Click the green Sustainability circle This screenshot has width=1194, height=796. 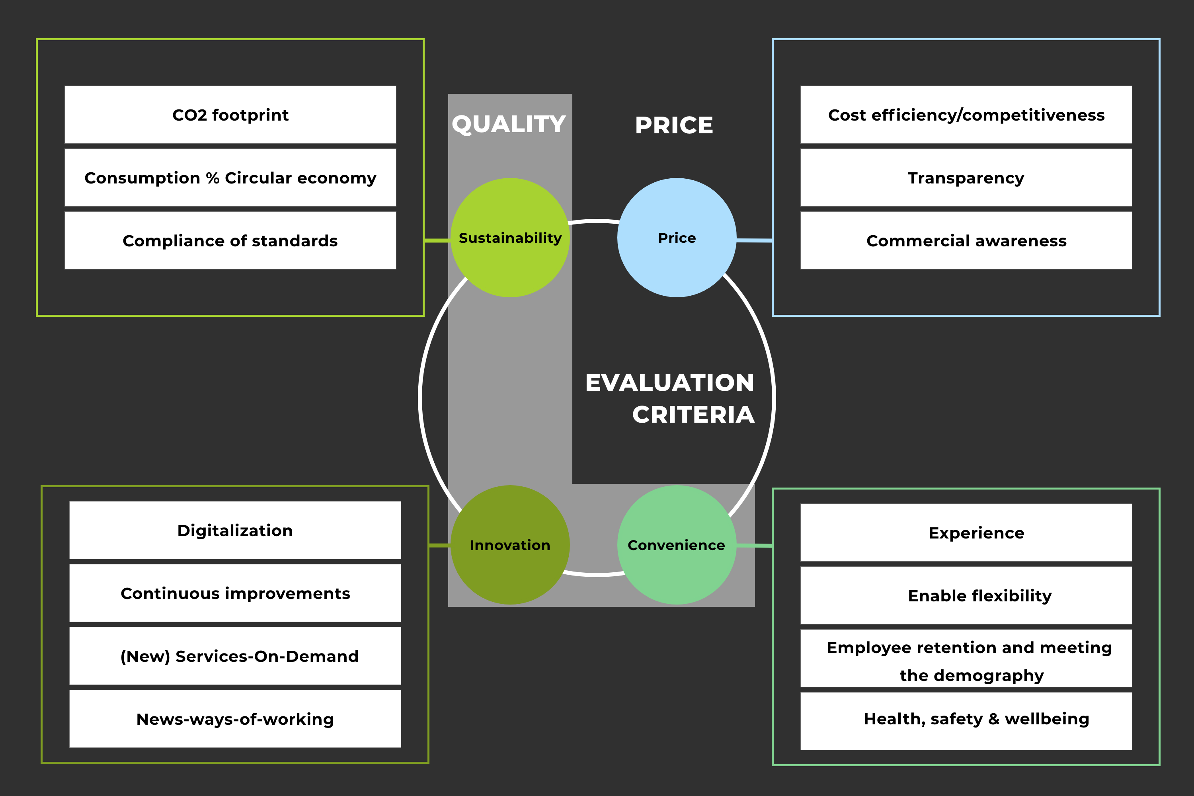(510, 238)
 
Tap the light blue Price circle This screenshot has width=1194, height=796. (677, 238)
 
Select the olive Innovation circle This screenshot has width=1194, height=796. (510, 545)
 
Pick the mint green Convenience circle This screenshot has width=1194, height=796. (677, 545)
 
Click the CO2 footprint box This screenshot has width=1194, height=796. (230, 115)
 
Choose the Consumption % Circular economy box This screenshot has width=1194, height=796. (230, 178)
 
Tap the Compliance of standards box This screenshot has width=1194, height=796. (230, 241)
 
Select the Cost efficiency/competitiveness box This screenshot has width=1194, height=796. (966, 115)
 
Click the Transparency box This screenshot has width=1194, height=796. (966, 178)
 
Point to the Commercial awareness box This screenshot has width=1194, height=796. (966, 241)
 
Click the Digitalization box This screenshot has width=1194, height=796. (235, 531)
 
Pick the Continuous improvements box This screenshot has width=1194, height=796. (235, 593)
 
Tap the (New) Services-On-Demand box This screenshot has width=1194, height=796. (235, 656)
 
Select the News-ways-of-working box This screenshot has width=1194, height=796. (235, 719)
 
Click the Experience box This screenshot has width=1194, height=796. (966, 533)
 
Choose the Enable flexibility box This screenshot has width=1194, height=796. (966, 595)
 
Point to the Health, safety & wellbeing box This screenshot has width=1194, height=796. (966, 721)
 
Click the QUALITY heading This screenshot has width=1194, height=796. (509, 124)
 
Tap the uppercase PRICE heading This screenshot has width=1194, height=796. (674, 125)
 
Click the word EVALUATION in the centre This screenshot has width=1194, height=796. (669, 383)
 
